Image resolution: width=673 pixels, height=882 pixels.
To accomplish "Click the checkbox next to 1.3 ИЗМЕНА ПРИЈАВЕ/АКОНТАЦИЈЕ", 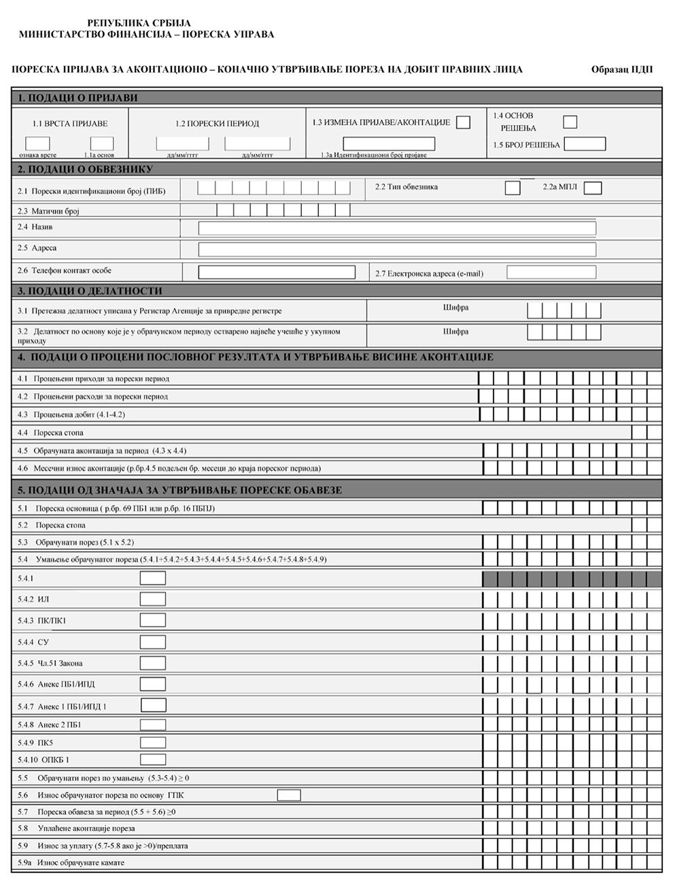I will click(x=463, y=122).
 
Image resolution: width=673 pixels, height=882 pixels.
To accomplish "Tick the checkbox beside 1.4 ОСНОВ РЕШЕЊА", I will click(x=570, y=122).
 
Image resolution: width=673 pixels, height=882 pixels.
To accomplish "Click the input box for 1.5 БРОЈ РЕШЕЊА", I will click(x=585, y=144).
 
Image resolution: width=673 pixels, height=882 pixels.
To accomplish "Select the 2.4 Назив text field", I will click(x=397, y=228).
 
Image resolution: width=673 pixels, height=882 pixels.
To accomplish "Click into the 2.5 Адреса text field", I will click(x=397, y=249).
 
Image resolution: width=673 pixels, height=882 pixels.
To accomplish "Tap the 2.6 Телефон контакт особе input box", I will click(x=277, y=272).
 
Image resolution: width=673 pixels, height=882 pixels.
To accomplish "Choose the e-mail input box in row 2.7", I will click(x=551, y=272).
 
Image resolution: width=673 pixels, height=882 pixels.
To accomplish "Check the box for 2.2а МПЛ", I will click(x=593, y=188).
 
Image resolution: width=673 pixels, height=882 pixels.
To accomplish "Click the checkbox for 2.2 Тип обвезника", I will click(x=513, y=188).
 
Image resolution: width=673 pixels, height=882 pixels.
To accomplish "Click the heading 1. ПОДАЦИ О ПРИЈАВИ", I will click(x=77, y=97).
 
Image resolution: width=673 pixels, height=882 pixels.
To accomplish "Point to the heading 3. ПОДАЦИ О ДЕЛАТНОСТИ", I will click(x=90, y=291).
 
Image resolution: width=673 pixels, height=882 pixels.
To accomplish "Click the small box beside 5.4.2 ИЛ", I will click(x=153, y=600).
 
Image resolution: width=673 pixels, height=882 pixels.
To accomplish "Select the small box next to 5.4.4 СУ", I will click(x=153, y=642).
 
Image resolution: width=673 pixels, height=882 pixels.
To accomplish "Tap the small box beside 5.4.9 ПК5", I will click(x=153, y=742).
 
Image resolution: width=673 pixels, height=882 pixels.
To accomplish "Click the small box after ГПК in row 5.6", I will click(x=289, y=795).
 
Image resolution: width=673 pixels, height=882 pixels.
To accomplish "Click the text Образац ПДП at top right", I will click(x=621, y=69).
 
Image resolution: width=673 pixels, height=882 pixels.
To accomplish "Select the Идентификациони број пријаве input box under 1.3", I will click(x=389, y=144).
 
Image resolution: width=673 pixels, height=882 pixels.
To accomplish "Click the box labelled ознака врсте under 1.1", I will click(x=37, y=144).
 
